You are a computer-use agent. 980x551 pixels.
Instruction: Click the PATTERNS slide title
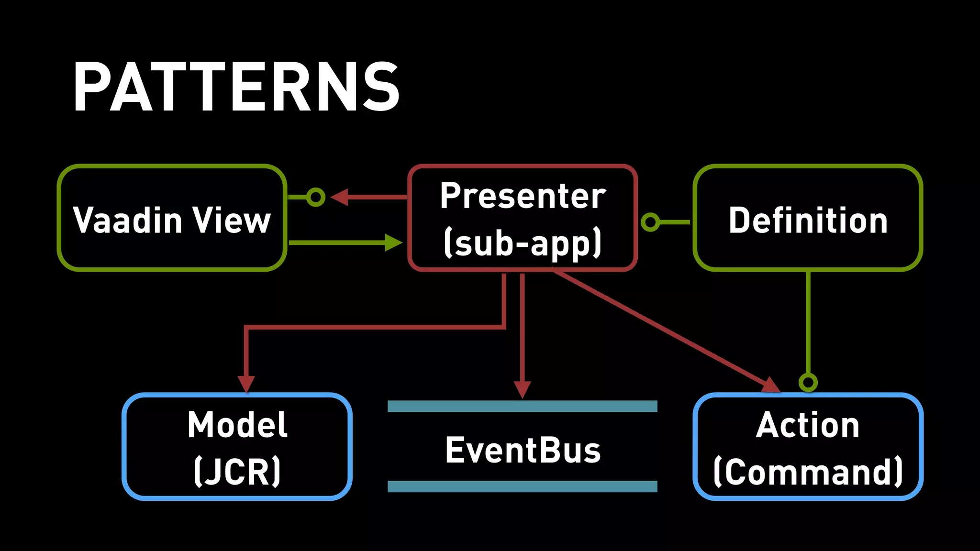236,87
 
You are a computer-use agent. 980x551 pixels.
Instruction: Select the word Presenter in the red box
523,196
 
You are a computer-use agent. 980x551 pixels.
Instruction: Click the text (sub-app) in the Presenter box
523,243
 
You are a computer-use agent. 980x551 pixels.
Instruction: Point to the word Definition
808,220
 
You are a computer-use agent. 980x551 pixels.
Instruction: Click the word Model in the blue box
237,425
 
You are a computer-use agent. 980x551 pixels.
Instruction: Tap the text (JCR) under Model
237,472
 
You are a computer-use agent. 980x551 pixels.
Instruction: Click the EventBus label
523,450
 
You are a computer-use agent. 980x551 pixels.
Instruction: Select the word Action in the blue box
808,425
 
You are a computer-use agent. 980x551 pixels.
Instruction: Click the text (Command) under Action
808,472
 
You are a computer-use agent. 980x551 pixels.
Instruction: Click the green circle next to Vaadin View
315,197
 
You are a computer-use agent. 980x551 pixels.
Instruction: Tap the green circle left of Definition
650,222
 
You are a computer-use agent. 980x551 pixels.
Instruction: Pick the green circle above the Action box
808,382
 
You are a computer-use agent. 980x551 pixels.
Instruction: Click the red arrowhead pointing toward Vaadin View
340,197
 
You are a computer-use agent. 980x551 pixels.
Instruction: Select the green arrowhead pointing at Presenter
393,242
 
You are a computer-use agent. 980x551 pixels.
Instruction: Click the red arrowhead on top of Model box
246,384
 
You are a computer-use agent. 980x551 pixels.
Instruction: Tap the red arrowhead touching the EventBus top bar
522,389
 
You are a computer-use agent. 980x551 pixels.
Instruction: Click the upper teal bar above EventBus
522,407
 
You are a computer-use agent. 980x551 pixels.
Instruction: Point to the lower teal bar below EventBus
522,486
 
